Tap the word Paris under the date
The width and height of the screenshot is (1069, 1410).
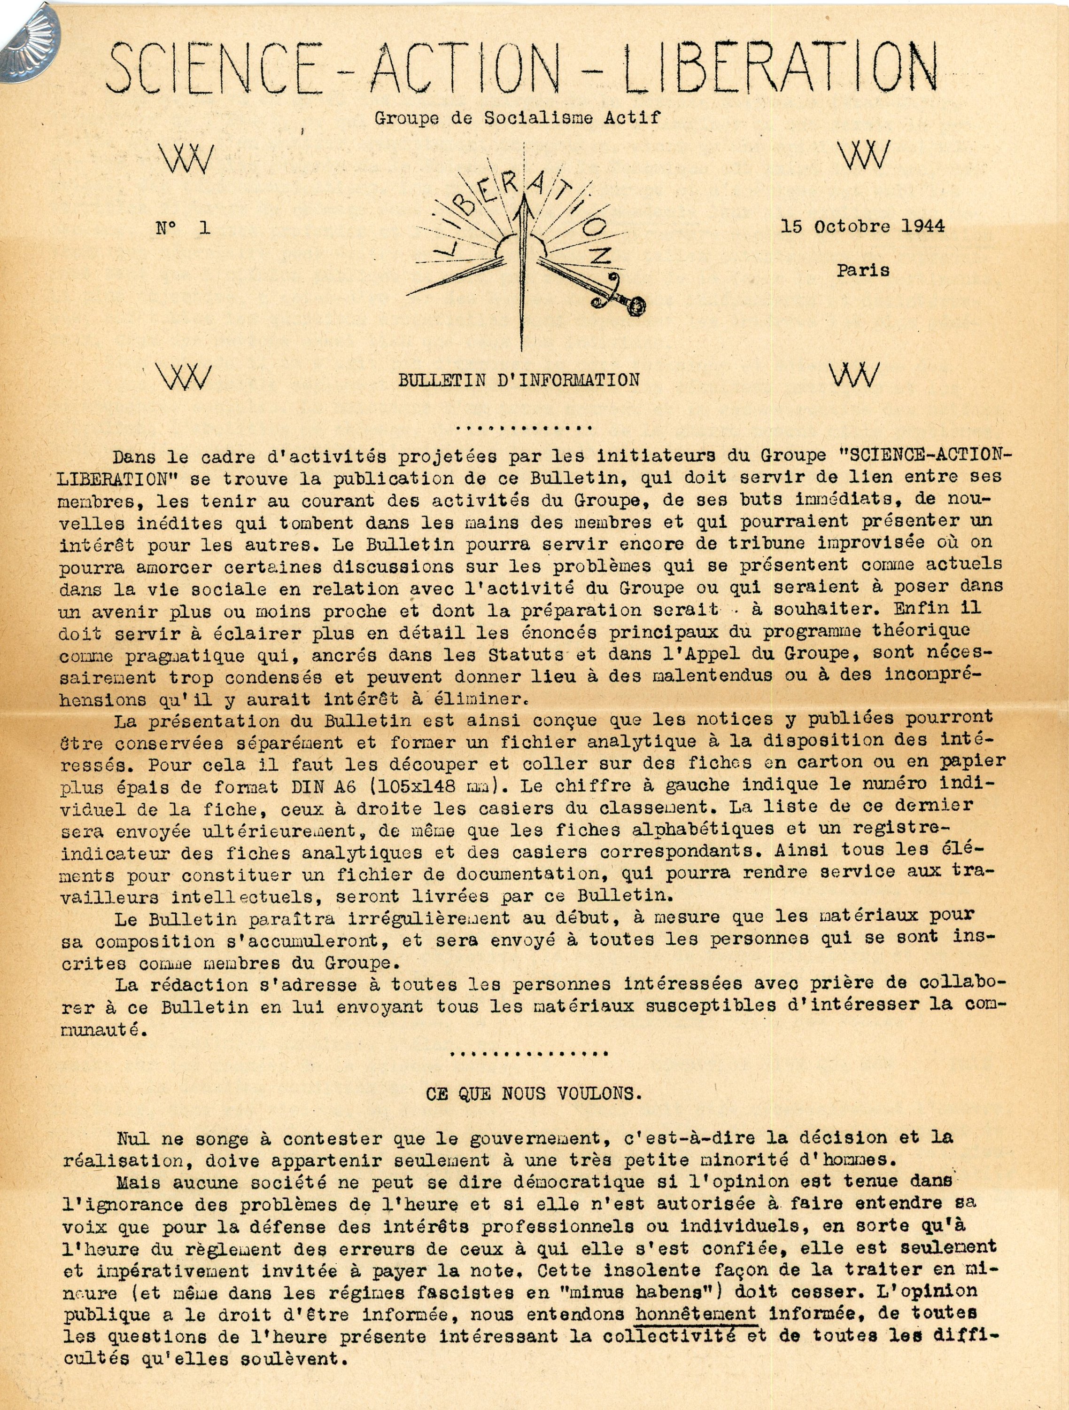(x=863, y=270)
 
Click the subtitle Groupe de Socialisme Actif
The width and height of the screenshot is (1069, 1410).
(x=517, y=117)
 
